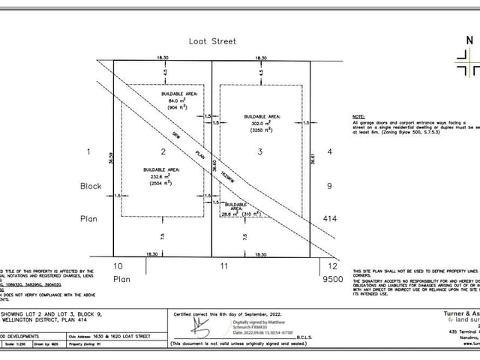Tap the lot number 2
click(x=163, y=151)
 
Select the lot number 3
click(x=260, y=151)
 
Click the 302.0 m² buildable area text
click(x=263, y=123)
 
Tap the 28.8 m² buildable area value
click(x=235, y=214)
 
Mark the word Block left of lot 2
click(x=91, y=184)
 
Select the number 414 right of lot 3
click(x=329, y=218)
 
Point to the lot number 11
click(x=223, y=265)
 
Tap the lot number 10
click(x=118, y=265)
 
